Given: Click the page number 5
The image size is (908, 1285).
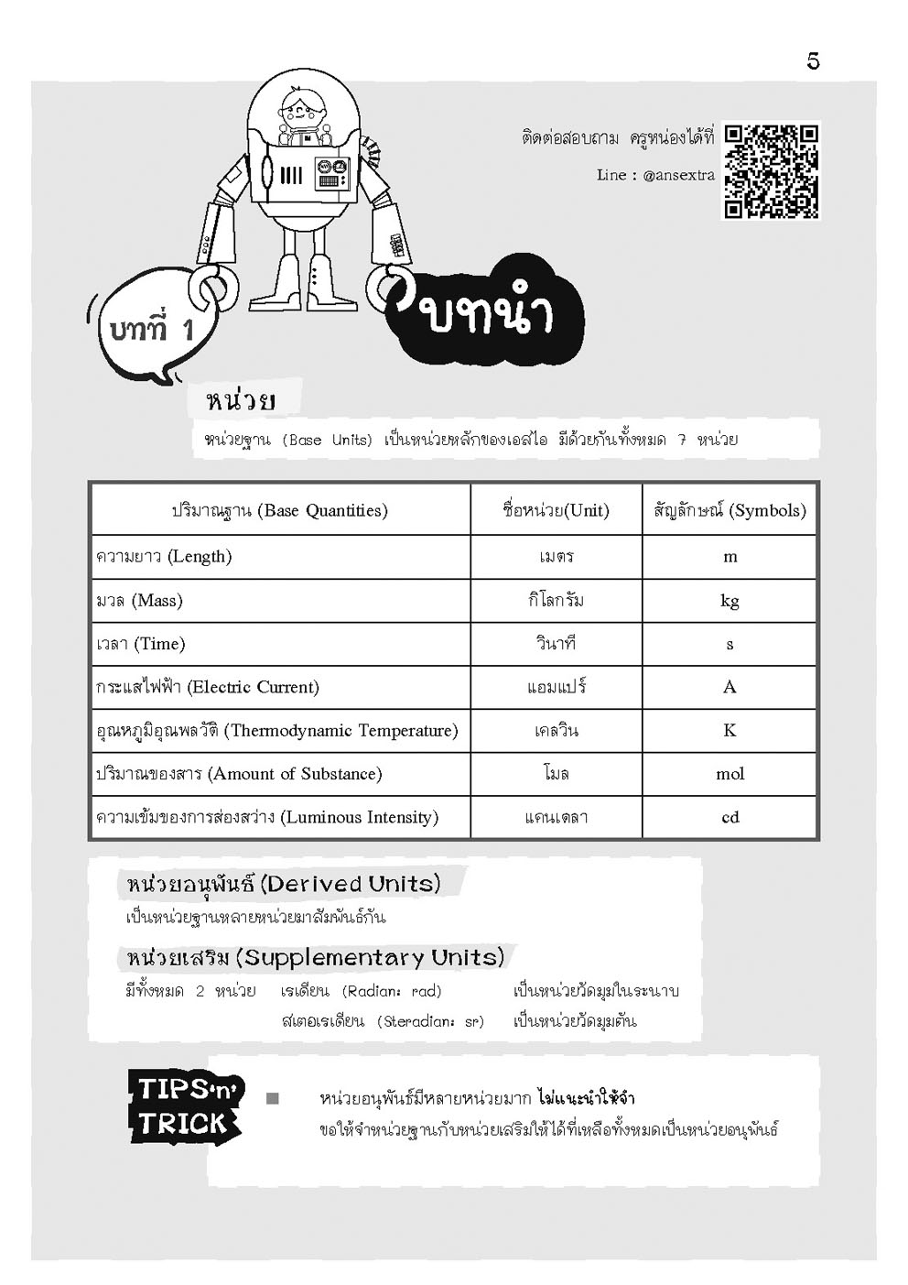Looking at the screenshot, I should tap(813, 61).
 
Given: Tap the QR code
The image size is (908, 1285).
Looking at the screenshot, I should tap(772, 171).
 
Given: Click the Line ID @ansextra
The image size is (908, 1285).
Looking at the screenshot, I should tap(678, 175).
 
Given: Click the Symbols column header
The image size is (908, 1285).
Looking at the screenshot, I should tap(730, 510).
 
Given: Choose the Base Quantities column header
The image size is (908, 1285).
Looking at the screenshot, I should tap(279, 510).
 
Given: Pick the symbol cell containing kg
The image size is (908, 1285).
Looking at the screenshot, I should tap(730, 601).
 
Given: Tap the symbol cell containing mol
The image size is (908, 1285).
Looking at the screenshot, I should tap(730, 774).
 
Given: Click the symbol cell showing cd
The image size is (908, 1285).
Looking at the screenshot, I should tap(730, 817).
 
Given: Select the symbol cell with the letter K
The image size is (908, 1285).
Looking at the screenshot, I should tap(730, 731).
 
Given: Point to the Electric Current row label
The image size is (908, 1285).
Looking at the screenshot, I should tap(208, 687).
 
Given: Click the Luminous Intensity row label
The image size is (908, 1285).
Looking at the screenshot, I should tap(267, 817).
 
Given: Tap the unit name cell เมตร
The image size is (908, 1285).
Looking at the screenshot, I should tap(556, 557).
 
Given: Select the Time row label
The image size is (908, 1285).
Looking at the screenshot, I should tap(141, 644).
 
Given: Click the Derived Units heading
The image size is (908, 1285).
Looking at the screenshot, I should tap(284, 884).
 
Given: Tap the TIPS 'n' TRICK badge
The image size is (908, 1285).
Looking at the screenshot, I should tap(186, 1106).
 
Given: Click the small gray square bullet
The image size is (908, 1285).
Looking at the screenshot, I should tap(272, 1098).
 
